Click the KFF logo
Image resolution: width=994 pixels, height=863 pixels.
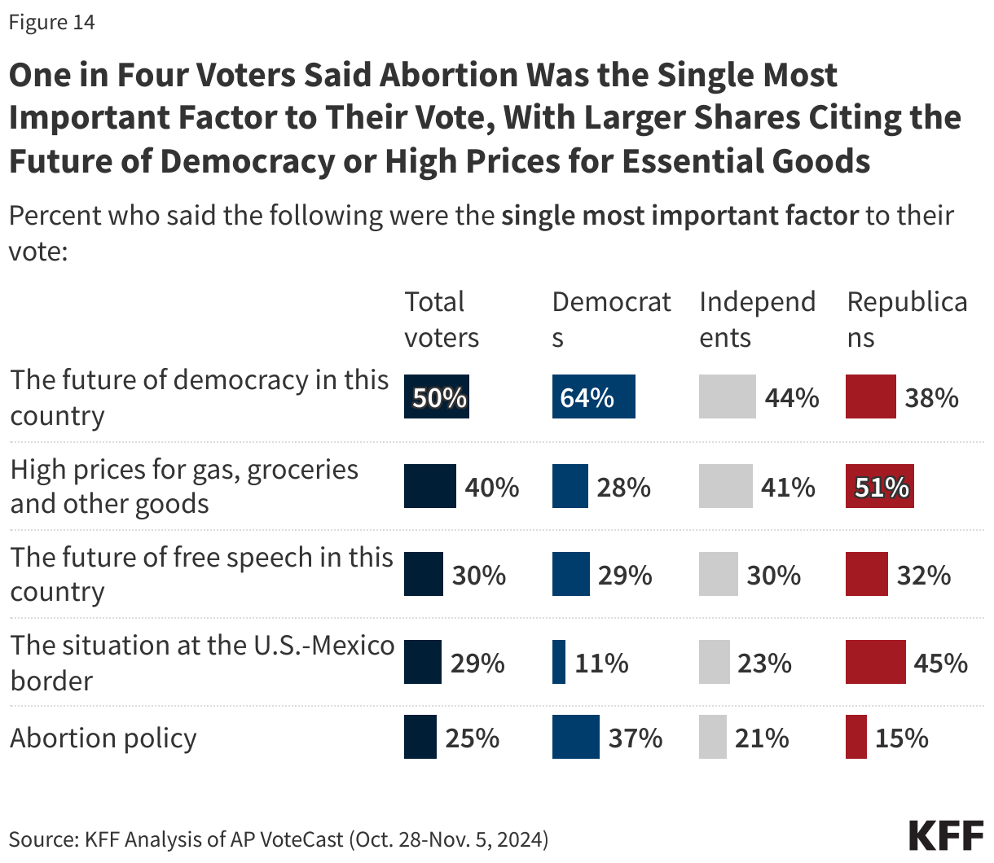point(945,836)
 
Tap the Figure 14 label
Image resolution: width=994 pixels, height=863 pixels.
point(51,22)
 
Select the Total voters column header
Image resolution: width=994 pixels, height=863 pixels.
point(442,319)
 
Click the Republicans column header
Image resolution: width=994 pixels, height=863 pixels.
point(906,319)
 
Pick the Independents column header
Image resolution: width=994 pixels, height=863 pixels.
point(757,319)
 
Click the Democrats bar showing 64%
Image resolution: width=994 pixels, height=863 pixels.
point(593,397)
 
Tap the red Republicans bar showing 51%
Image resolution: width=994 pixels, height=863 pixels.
point(879,487)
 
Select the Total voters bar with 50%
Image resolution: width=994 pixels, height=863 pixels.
point(437,397)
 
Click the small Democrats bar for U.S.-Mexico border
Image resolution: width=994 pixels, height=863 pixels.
point(558,662)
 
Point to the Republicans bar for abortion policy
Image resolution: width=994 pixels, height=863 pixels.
point(855,737)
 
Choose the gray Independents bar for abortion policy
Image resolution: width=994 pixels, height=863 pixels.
point(712,737)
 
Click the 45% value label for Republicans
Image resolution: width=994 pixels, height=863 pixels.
point(940,663)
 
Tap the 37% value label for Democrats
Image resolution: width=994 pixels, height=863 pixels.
point(635,738)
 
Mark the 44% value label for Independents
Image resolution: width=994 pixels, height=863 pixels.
point(791,398)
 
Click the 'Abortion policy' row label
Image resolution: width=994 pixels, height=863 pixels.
point(103,738)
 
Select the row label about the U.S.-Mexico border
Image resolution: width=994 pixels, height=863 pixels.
point(201,662)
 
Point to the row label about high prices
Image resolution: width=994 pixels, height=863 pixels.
point(183,486)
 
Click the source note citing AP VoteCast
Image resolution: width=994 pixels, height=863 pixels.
point(278,839)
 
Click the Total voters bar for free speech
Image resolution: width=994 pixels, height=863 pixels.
point(424,574)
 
